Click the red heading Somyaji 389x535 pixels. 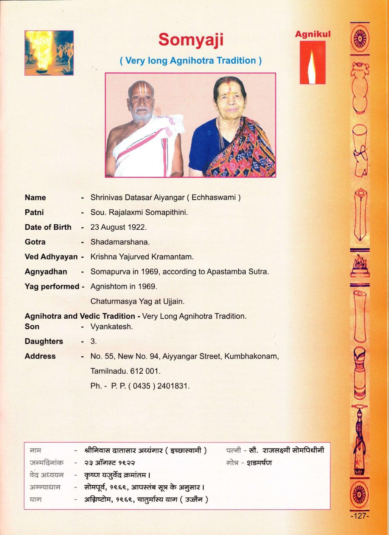pos(190,40)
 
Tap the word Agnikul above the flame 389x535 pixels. pos(312,34)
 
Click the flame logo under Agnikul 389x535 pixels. pos(312,63)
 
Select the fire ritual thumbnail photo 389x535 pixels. pos(49,53)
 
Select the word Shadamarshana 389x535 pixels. pos(120,242)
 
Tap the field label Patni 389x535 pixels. pos(34,212)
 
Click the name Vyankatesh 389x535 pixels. pos(111,327)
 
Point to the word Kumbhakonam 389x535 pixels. pos(251,356)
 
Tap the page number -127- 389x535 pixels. pos(359,525)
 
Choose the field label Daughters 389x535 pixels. pos(44,341)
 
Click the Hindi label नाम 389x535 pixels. pos(35,451)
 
